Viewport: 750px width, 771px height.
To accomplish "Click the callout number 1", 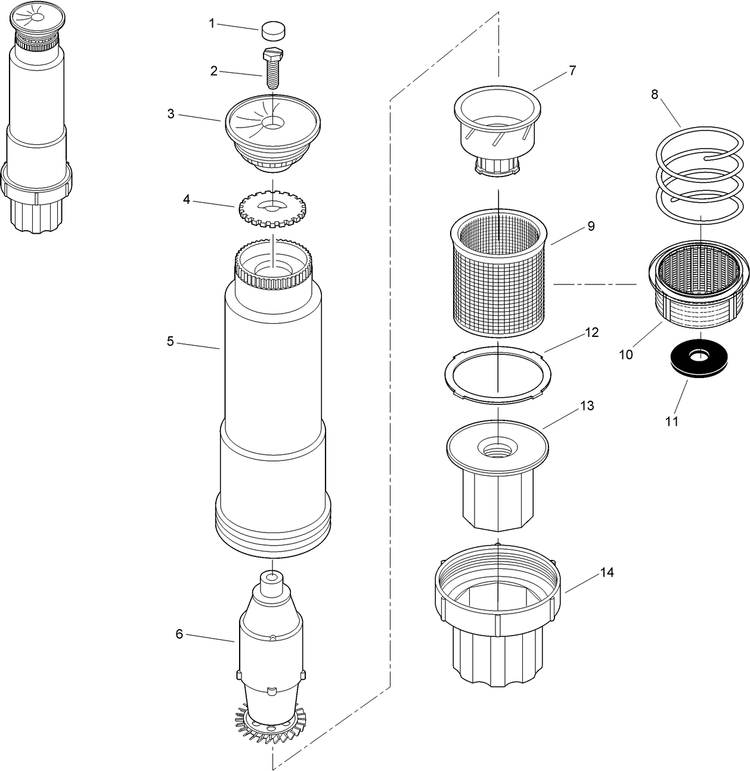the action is coord(212,24).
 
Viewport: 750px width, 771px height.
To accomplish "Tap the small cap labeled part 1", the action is coord(274,31).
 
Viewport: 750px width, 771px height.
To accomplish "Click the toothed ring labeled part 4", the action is coord(274,207).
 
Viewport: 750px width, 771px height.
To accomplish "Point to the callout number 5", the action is coord(171,341).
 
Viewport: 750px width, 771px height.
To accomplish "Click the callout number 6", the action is coord(179,634).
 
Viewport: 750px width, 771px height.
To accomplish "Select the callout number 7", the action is coord(572,71).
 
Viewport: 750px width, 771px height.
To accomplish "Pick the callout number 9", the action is coord(591,226).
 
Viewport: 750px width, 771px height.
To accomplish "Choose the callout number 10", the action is coord(626,355).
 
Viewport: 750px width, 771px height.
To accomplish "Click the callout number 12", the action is coord(592,332).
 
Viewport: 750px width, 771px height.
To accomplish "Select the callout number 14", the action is coord(607,572).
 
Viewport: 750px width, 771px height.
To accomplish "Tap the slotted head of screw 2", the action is coord(273,52).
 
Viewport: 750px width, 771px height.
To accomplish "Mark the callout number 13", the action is coord(587,406).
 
